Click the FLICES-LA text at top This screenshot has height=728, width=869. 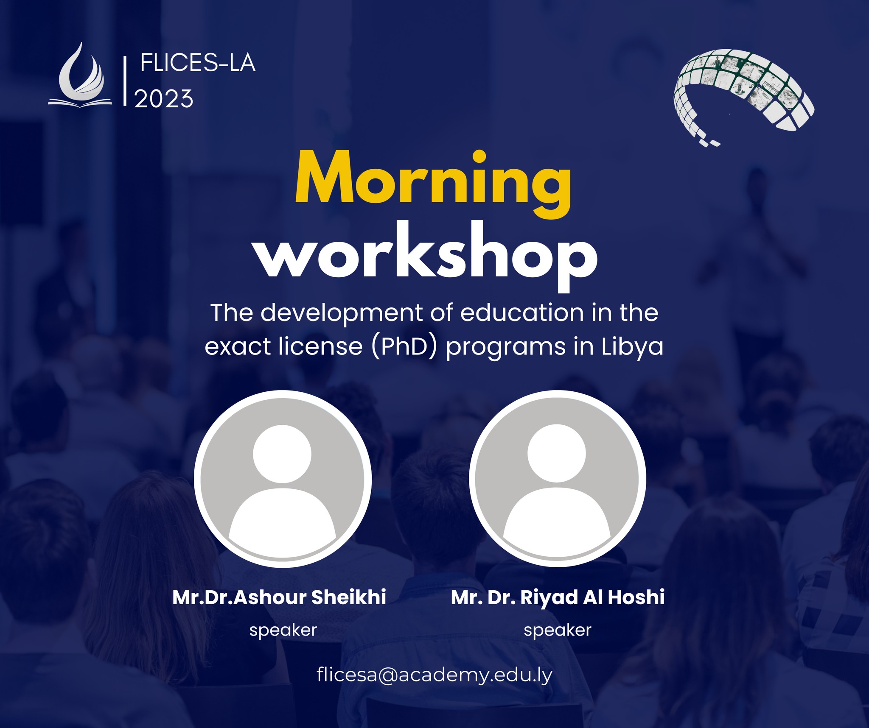point(198,64)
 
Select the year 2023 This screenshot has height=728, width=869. point(164,99)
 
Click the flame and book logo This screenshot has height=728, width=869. point(80,75)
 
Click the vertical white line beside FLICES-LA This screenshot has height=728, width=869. point(125,81)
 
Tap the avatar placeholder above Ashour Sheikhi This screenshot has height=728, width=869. point(283,479)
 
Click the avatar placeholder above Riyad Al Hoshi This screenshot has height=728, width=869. point(557,479)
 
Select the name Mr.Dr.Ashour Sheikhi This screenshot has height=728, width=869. point(279,597)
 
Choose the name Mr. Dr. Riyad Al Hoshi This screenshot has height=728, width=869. point(558,597)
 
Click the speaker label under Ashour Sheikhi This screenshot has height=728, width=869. point(283,630)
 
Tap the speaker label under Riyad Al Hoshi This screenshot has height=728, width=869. point(558,630)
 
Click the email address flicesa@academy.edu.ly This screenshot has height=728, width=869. point(434,675)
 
